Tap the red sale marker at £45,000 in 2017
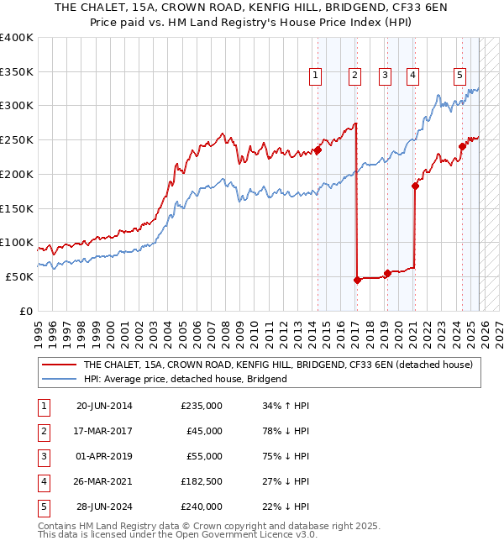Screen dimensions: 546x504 click(x=357, y=281)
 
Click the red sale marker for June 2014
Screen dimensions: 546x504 click(x=318, y=150)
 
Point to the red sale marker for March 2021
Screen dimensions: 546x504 click(x=415, y=186)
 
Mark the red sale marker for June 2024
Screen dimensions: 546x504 click(x=462, y=146)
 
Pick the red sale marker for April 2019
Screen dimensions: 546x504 click(x=387, y=273)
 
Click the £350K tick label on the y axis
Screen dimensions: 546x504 click(x=17, y=72)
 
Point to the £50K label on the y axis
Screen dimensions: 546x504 click(x=20, y=277)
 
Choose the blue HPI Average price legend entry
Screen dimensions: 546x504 click(x=185, y=379)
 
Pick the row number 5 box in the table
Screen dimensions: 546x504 click(x=42, y=506)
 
